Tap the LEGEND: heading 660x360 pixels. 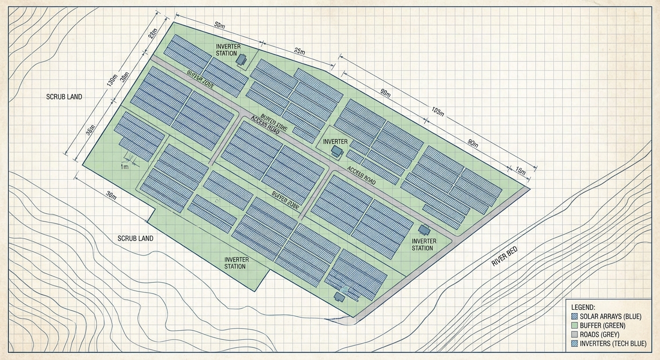click(583, 307)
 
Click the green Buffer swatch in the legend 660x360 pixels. click(575, 325)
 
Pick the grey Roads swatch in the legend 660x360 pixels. click(575, 335)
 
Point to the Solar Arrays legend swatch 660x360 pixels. click(575, 316)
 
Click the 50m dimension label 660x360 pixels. click(219, 25)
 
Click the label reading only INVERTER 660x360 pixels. click(335, 142)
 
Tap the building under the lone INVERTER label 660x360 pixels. click(337, 150)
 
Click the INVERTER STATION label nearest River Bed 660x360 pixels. click(422, 244)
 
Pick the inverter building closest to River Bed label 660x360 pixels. click(424, 230)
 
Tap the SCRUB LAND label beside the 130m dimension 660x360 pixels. click(64, 97)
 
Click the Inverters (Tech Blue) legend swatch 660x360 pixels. click(575, 344)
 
